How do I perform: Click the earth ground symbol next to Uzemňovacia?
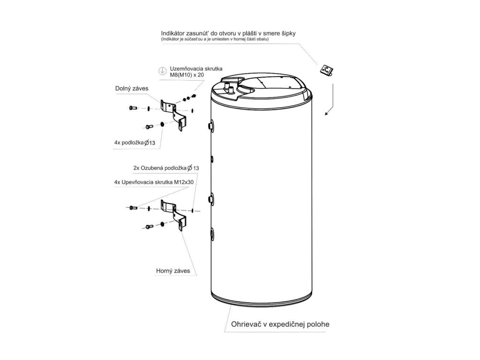pyautogui.click(x=161, y=70)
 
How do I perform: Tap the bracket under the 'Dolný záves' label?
pyautogui.click(x=174, y=114)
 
